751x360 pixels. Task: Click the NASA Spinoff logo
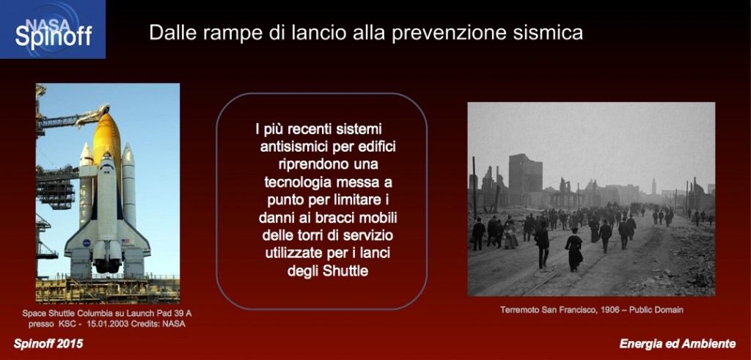(x=53, y=29)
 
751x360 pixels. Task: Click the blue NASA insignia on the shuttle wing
(x=87, y=243)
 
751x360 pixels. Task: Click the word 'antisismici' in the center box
(x=295, y=147)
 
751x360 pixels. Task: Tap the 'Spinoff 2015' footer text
(x=48, y=344)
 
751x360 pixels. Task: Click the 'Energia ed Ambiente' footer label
(x=677, y=344)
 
